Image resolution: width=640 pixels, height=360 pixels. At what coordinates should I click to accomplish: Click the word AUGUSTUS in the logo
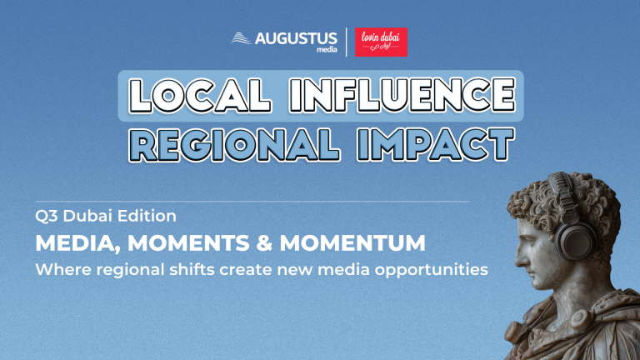tap(296, 38)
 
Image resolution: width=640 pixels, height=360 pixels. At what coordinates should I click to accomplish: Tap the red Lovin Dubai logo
tap(381, 42)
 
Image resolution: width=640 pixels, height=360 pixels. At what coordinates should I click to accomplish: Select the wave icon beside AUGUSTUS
tap(241, 38)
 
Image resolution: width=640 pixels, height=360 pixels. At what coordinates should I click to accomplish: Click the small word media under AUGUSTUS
tap(327, 49)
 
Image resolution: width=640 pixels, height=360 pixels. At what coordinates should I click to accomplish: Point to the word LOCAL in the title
tap(200, 96)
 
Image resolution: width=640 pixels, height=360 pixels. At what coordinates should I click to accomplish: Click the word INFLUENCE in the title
tap(402, 96)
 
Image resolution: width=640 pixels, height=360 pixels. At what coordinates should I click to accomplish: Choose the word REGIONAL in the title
tap(235, 144)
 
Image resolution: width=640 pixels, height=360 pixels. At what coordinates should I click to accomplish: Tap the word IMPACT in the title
tap(436, 144)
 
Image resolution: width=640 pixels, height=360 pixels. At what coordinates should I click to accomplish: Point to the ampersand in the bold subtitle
tap(264, 242)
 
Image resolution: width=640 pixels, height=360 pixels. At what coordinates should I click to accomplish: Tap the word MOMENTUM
tap(352, 242)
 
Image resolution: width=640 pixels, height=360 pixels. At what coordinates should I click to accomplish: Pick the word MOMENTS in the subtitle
tap(188, 242)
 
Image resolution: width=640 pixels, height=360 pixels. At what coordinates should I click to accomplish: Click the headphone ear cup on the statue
tap(576, 241)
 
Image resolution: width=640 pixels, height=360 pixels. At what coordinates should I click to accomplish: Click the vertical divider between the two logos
tap(347, 42)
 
